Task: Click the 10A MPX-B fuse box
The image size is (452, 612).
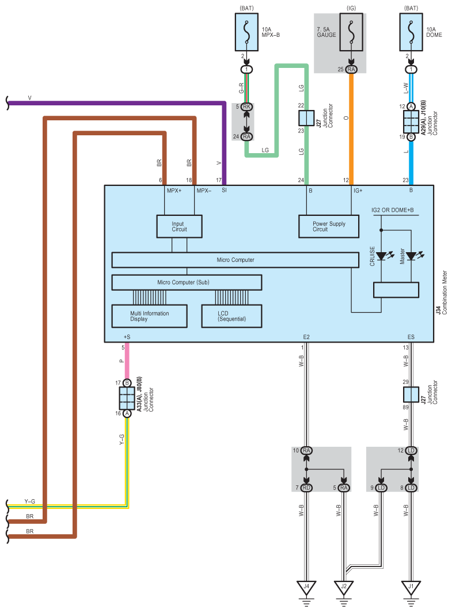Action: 246,32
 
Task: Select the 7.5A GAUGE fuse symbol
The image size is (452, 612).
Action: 351,32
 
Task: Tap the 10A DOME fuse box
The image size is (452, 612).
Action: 411,32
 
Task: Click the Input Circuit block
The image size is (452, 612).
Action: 179,226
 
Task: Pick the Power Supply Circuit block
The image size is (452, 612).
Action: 329,226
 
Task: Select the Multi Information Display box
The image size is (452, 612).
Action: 150,316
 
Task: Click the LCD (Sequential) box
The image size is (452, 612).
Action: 231,316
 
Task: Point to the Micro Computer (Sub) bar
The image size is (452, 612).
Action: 187,282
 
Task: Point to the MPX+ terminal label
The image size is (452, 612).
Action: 174,191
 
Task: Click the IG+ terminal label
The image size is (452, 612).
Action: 358,191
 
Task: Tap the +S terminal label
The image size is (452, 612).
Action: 127,337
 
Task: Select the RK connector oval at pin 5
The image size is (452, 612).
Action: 246,107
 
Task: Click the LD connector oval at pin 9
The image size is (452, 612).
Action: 381,488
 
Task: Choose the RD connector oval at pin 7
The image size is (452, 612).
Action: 306,488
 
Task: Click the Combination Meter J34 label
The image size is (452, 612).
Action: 442,292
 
